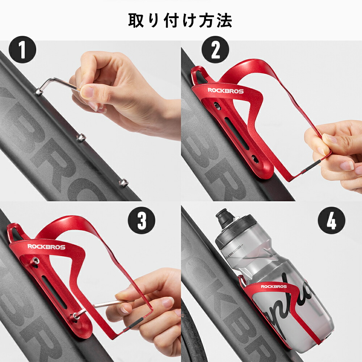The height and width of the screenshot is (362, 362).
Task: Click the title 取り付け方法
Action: pos(180,21)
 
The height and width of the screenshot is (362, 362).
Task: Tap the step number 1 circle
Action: pos(22,51)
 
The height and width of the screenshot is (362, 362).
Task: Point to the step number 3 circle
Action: pos(142,220)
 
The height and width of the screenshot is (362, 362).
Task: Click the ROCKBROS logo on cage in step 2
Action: pos(225,91)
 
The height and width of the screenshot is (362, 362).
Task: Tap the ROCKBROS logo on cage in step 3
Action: pos(46,247)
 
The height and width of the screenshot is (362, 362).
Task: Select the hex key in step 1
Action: pos(58,84)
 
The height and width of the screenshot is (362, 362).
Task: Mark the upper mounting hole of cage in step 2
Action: pos(216,106)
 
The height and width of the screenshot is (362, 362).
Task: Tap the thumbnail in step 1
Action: pos(87,92)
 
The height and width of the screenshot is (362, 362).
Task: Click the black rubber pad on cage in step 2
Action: pos(314,163)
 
